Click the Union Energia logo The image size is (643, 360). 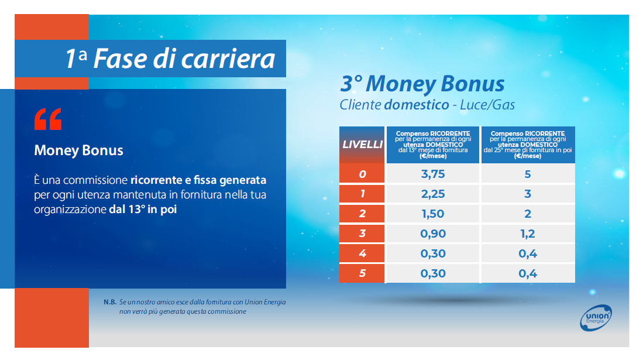point(596,317)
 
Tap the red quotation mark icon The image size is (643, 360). point(48,119)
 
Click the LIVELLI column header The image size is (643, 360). point(362,145)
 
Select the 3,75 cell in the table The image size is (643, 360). point(433,174)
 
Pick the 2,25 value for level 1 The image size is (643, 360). point(433,194)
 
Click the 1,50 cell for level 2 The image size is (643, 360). point(433,214)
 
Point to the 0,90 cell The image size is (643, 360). point(433,234)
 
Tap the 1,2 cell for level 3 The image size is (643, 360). point(528,234)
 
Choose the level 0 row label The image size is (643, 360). point(362,174)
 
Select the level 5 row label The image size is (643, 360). point(362,273)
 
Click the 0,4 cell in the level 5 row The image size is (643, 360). point(528,273)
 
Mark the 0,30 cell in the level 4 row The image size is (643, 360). point(433,253)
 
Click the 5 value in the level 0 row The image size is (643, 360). point(528,174)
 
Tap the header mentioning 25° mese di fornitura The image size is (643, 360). point(528,145)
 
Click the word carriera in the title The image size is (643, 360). point(228,59)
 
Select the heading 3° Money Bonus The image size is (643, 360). point(422,84)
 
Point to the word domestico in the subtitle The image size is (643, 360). point(417,105)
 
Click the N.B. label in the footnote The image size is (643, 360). point(110,302)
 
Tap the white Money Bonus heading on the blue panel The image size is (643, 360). point(79,150)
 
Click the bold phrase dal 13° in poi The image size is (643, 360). point(143,210)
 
